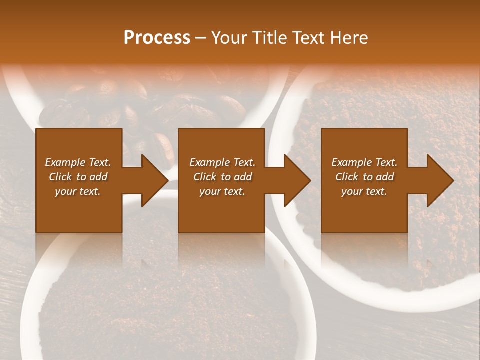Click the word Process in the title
[157, 37]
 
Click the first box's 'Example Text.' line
[78, 162]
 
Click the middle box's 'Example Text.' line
[222, 162]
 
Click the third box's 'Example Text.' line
[364, 162]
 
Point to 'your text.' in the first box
[78, 191]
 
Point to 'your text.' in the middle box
[222, 191]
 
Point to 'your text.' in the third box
[364, 191]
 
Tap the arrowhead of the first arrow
[155, 180]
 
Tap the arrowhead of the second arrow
[297, 180]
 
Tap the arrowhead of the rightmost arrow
[440, 180]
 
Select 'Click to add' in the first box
[78, 177]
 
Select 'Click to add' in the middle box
[222, 177]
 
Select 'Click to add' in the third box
[364, 177]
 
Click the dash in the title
[201, 38]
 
